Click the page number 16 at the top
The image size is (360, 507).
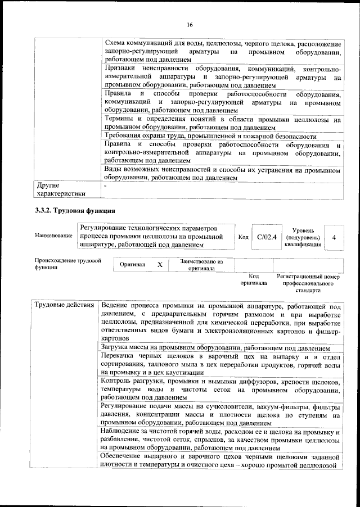[190, 24]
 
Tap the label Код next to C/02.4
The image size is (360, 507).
[244, 237]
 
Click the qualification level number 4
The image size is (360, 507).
[334, 237]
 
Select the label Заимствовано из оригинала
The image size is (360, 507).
[201, 265]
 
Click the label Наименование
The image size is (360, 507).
[53, 236]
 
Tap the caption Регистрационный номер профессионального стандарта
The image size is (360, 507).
[309, 284]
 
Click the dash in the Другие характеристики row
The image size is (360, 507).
[105, 185]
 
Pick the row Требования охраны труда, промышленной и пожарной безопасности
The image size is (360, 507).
[210, 137]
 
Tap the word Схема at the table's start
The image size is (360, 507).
[117, 44]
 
